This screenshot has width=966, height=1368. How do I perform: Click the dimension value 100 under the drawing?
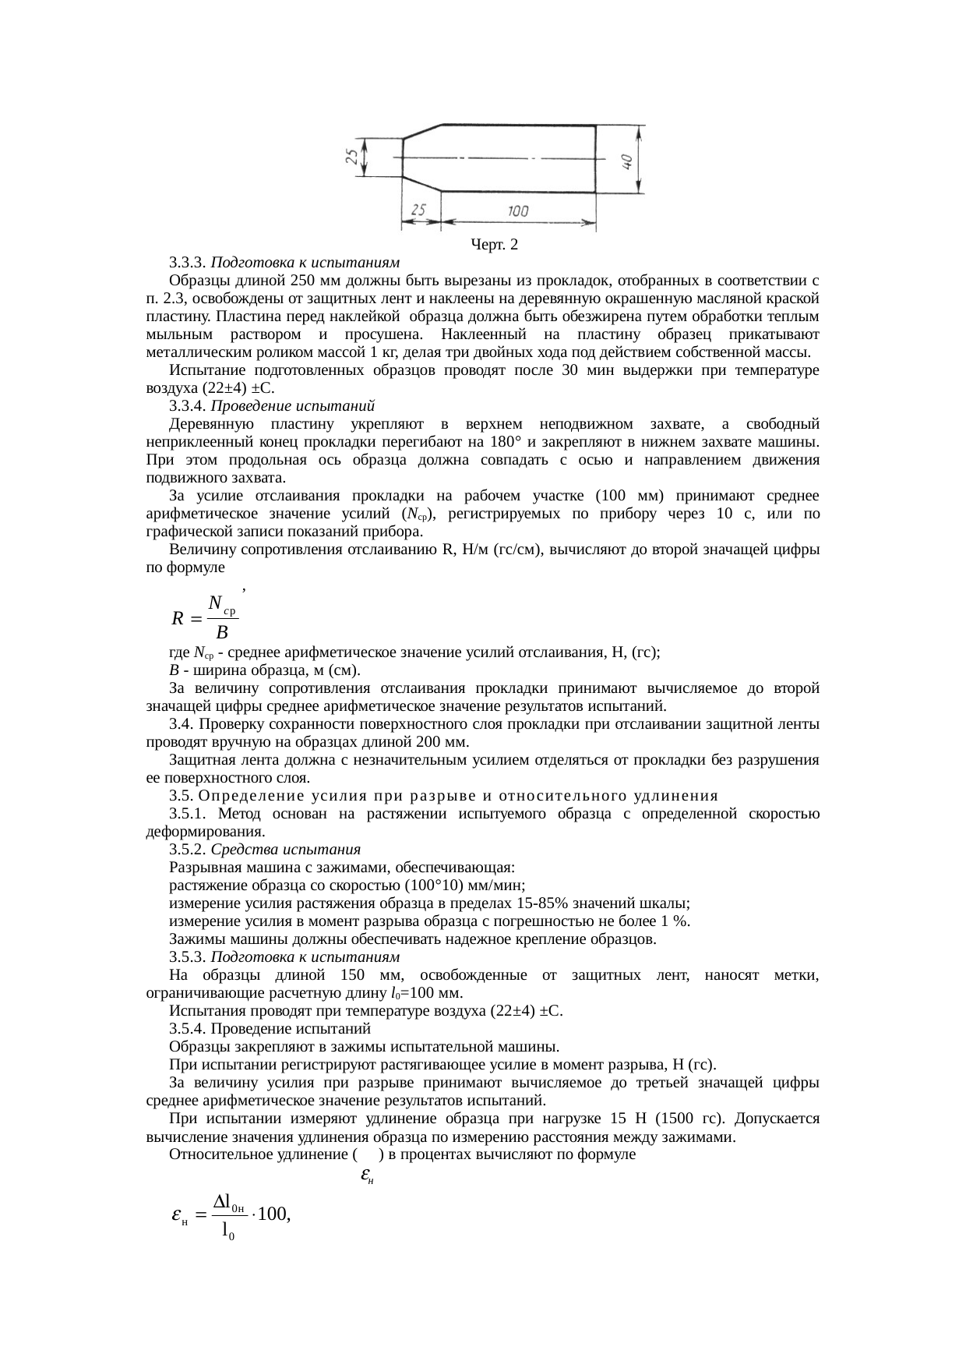(517, 211)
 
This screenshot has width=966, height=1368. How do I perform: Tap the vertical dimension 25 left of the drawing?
(353, 157)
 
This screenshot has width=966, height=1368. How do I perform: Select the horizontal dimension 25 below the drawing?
(418, 211)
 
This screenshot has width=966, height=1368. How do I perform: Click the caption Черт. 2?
(494, 246)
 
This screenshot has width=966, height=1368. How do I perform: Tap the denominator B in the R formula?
(221, 630)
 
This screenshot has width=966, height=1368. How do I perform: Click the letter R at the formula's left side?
(178, 619)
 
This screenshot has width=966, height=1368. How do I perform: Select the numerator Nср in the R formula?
(221, 603)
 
